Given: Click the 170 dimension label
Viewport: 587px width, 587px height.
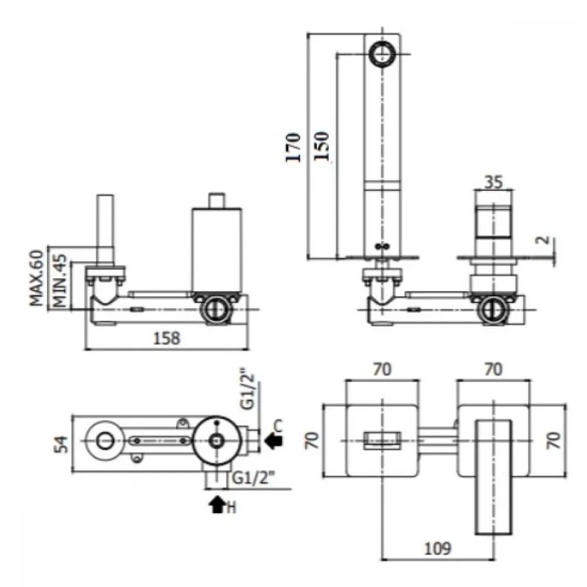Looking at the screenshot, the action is click(x=293, y=147).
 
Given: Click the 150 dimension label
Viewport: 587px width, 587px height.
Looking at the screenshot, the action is click(x=322, y=146).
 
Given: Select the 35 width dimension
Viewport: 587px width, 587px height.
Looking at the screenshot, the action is click(x=494, y=182).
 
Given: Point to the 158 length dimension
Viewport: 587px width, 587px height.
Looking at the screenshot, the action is click(x=167, y=338).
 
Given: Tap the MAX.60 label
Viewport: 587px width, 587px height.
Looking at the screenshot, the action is click(x=36, y=278).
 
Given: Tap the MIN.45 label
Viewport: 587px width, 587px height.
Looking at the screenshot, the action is click(x=60, y=281).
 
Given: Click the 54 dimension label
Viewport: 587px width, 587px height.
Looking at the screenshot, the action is click(x=62, y=444).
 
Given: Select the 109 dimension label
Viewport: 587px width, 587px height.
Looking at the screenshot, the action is click(x=438, y=548).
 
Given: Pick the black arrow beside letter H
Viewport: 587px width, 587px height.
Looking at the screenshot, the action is click(x=217, y=504).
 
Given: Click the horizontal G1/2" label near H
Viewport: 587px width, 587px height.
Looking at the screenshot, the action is click(x=254, y=478).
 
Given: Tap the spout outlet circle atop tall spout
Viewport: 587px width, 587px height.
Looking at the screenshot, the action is click(x=382, y=53).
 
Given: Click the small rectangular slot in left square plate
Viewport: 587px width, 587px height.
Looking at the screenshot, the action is click(x=383, y=440).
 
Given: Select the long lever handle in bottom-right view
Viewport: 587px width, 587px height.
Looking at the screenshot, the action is click(x=494, y=477).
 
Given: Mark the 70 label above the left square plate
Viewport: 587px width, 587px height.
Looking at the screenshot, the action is click(x=382, y=369).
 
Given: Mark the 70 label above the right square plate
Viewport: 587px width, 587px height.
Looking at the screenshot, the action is click(x=494, y=369).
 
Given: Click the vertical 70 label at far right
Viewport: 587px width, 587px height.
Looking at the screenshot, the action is click(x=554, y=440).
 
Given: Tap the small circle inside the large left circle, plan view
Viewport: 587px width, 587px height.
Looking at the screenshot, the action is click(x=105, y=441).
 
